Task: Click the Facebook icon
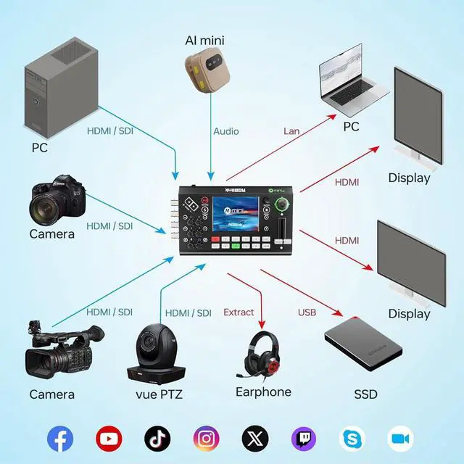coord(60,438)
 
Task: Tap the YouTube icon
coord(109,438)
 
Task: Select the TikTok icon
coord(157,438)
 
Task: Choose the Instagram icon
coord(206,438)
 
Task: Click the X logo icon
coord(254,438)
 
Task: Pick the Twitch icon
coord(303,438)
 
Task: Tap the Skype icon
coord(352,438)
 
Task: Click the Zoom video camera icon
coord(400,438)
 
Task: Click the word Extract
coord(239,312)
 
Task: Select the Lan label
coord(291,131)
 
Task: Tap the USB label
coord(307,312)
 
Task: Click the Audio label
coord(225,131)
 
